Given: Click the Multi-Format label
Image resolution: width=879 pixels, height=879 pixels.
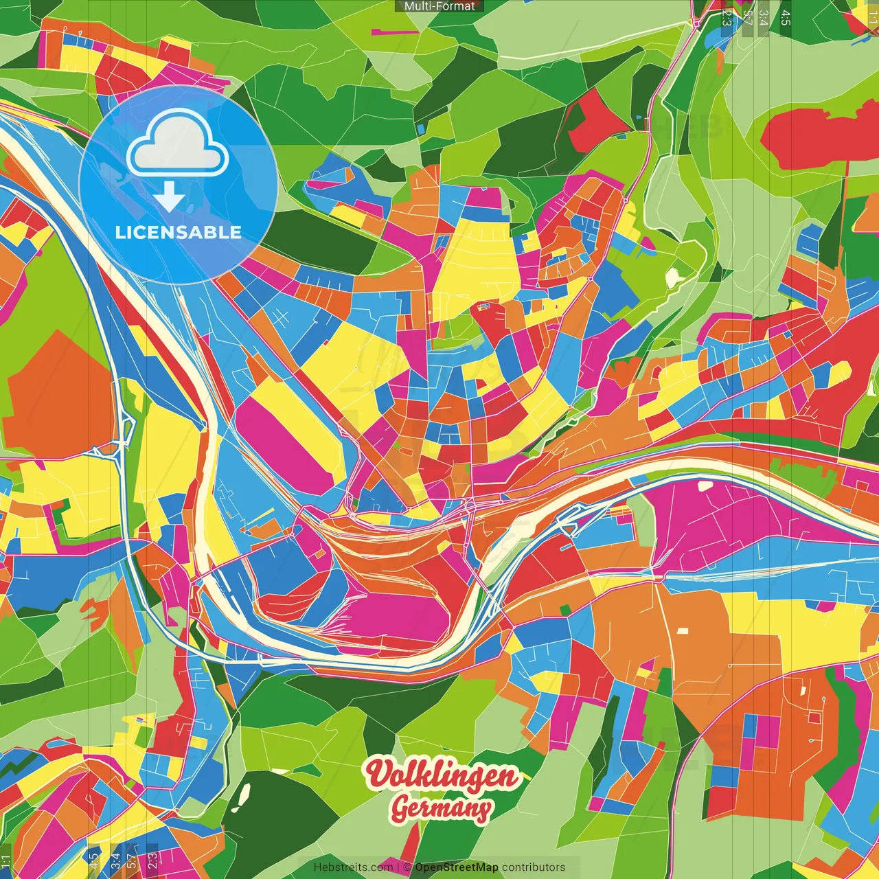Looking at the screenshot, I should click(x=439, y=6).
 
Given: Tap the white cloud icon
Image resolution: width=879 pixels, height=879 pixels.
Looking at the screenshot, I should click(x=178, y=145).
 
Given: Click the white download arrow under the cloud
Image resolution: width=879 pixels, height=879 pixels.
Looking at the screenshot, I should click(x=169, y=198).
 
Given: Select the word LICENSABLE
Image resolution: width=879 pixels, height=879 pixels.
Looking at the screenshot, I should click(x=179, y=232).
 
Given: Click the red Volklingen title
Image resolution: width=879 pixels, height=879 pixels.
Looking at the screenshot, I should click(x=442, y=775).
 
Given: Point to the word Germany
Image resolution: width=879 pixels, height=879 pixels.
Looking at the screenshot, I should click(x=442, y=809).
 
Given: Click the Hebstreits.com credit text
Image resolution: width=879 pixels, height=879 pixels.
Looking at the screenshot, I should click(x=353, y=867).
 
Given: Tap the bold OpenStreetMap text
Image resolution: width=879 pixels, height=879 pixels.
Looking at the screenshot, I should click(x=457, y=867).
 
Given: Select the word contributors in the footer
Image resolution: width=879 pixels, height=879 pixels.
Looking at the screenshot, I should click(x=534, y=867).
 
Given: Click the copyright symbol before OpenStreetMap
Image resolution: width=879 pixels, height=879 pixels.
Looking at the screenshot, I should click(x=407, y=867).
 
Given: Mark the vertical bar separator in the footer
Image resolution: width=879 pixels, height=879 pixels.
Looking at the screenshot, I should click(x=398, y=867).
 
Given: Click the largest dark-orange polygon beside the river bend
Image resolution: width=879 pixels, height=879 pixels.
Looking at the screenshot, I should click(x=58, y=398).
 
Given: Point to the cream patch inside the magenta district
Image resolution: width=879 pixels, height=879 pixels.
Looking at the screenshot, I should click(x=705, y=486).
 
